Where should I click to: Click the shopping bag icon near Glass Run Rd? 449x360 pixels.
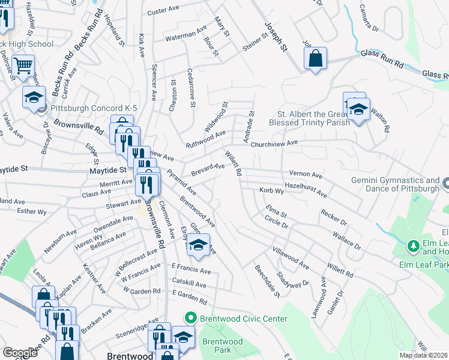point(315,59)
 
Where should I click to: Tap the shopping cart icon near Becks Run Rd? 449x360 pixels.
point(23,67)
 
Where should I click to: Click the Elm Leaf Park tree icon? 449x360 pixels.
point(413,246)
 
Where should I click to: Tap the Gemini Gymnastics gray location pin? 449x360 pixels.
point(445,182)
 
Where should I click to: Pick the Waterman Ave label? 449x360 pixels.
point(187,32)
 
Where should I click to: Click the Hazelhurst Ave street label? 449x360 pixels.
point(306,190)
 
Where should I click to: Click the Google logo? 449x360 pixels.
point(20,353)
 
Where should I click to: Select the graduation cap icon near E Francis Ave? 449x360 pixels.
point(198,245)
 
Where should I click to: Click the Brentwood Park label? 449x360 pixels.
point(222,346)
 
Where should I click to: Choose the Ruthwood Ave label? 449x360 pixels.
point(205,139)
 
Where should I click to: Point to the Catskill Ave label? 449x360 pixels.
point(189,285)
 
